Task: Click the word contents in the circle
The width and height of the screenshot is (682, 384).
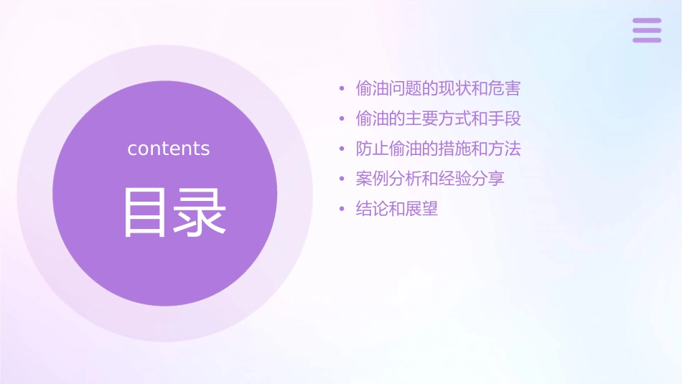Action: [169, 149]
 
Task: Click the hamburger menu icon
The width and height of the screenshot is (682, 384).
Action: [646, 30]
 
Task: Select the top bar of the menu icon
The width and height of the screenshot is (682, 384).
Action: [646, 21]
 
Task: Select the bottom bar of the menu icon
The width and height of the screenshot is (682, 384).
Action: [646, 39]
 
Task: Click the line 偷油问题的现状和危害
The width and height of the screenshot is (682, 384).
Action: [438, 89]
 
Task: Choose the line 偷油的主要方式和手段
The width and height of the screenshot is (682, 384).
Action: [438, 118]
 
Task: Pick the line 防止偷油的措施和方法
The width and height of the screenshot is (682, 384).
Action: [438, 149]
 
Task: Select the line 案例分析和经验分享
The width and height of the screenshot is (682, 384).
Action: [430, 179]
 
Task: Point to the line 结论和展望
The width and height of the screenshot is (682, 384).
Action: [397, 209]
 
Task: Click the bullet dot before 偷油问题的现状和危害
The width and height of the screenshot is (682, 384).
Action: [342, 90]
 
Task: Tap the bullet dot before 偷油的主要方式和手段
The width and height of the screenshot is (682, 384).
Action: [342, 119]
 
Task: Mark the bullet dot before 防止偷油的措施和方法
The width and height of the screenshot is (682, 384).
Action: [342, 149]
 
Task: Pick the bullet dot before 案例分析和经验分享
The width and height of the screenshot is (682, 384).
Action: [342, 179]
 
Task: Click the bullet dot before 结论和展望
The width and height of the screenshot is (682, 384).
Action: [342, 210]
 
